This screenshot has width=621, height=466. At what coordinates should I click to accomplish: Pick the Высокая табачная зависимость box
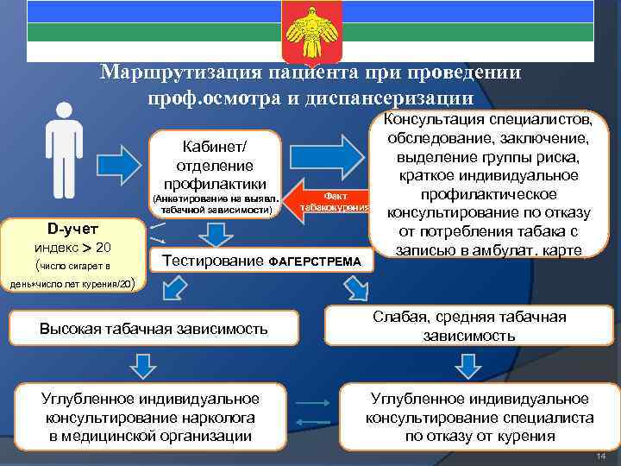click(x=154, y=328)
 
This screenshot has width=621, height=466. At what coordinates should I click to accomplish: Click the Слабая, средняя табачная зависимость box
click(x=469, y=326)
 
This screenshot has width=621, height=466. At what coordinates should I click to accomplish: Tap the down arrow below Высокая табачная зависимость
click(x=137, y=367)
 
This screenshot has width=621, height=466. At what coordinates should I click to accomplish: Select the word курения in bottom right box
click(x=529, y=436)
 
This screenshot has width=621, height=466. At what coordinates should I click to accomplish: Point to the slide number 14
click(x=601, y=455)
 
